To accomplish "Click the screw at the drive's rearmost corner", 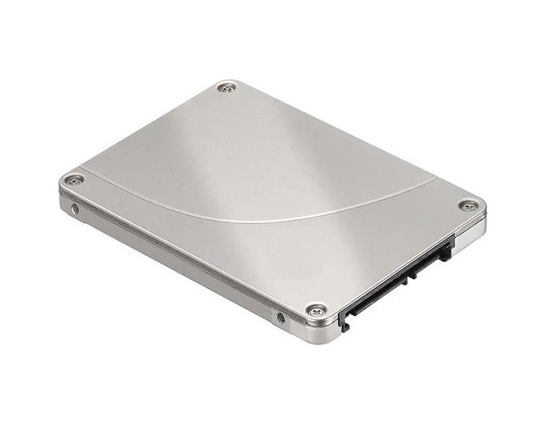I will coord(227,87).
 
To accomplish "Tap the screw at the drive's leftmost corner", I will coord(73,180).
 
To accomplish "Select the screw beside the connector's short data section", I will coord(467,205).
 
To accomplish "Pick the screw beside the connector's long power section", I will coord(316,310).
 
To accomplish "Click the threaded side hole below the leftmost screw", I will coord(75,209).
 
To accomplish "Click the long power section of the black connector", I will coord(378,290).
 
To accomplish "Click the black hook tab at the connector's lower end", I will coord(344,322).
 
